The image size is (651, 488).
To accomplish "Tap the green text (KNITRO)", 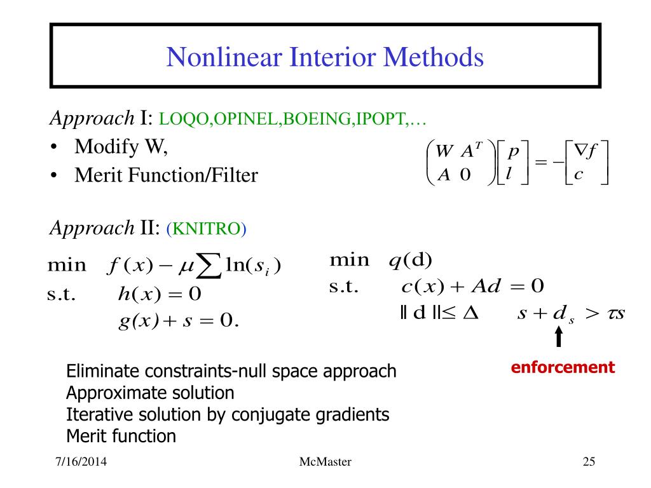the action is (206, 229).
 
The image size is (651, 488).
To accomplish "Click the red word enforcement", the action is (564, 367).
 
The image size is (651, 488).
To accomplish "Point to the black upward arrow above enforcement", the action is (558, 337).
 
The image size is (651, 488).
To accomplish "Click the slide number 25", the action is (588, 462).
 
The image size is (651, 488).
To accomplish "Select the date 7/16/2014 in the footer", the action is (79, 462).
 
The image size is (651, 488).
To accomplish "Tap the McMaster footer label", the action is (325, 462).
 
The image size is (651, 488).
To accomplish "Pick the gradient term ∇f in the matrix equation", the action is (584, 151).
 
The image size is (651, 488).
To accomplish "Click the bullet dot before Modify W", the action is (55, 147).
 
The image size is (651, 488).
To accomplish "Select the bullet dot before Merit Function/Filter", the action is (55, 175).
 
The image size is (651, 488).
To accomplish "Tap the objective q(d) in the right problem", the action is (410, 261).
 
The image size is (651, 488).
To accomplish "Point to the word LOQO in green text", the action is (177, 119).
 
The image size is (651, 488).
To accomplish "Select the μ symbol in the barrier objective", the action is (188, 266).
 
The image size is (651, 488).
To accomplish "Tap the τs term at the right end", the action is (614, 313).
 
